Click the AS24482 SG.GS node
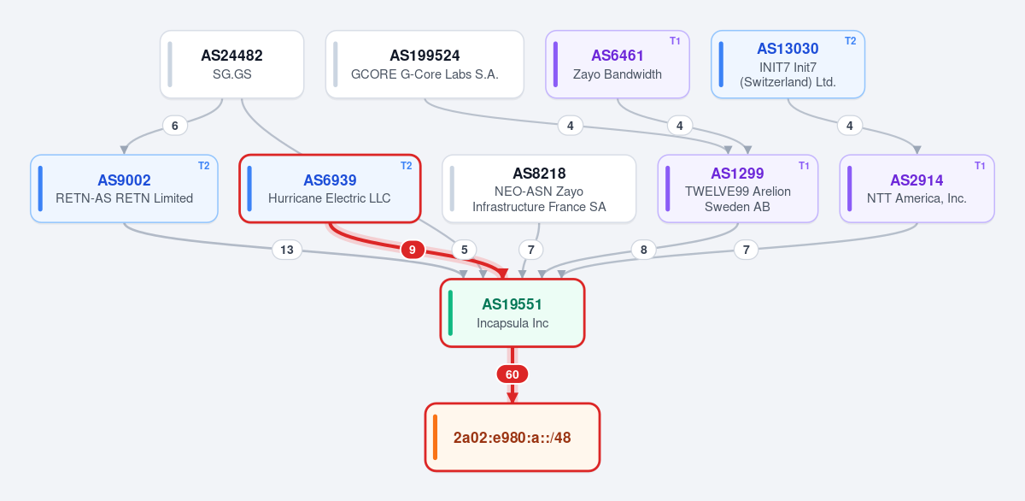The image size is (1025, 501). [x=232, y=64]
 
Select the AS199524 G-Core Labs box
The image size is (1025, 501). [x=425, y=64]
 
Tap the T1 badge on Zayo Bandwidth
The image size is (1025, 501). [x=675, y=41]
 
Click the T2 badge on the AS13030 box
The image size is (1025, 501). [x=850, y=41]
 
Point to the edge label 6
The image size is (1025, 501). [x=175, y=126]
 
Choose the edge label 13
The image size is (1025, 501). [x=287, y=250]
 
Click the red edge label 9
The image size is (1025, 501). [x=413, y=250]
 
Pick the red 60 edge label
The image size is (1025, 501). [x=512, y=374]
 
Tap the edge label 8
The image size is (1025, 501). [x=643, y=250]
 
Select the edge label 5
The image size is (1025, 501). [x=464, y=250]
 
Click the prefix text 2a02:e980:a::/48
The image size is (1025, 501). [x=512, y=438]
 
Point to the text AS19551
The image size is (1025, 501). [x=512, y=304]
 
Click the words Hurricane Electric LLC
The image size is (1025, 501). [x=330, y=198]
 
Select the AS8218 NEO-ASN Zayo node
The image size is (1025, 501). [x=539, y=189]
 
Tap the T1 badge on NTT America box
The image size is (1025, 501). [x=980, y=166]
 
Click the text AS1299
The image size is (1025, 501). [x=737, y=173]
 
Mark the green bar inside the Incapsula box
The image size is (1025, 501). [x=450, y=313]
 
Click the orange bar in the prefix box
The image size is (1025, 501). [x=435, y=437]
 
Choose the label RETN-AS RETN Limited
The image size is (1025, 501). [x=124, y=198]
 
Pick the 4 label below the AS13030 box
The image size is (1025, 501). [x=850, y=126]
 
